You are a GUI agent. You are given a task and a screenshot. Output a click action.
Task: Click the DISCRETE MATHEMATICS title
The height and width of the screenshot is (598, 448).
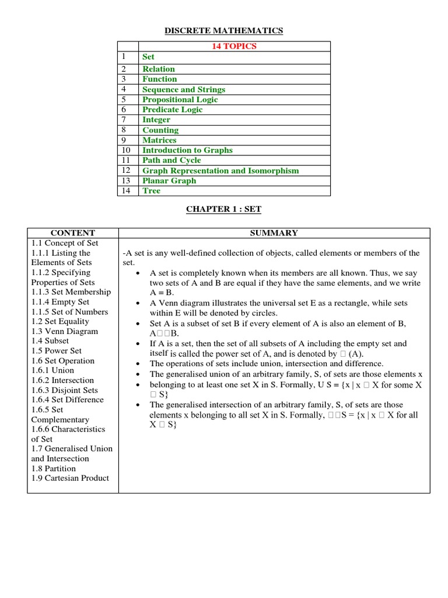(224, 30)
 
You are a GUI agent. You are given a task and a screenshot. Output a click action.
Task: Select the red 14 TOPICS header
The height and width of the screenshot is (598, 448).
(234, 46)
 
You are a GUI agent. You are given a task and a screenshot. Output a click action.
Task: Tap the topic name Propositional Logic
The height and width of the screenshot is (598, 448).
(180, 99)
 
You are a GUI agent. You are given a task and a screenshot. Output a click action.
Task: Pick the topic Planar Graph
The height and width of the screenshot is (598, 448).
(169, 180)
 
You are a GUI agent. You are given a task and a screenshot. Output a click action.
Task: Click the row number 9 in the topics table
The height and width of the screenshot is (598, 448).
(124, 140)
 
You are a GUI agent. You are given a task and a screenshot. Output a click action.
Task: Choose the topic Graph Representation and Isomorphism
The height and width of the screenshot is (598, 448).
(220, 171)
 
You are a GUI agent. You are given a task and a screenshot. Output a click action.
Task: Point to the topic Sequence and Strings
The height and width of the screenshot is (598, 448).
(183, 89)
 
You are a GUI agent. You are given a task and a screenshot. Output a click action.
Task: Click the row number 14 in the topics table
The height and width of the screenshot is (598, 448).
(125, 190)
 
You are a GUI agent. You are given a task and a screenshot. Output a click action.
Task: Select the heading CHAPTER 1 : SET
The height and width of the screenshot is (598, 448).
(224, 209)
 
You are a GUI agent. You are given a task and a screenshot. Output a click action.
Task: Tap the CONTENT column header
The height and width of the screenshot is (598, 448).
(72, 232)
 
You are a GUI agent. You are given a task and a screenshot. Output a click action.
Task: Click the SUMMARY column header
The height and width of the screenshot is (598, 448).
(274, 232)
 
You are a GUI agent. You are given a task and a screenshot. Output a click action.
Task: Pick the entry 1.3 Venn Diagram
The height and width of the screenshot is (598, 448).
(64, 331)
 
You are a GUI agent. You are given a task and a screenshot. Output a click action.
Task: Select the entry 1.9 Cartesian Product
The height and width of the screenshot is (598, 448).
(70, 478)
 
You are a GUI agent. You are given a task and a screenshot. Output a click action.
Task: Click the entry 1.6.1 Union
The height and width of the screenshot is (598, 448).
(52, 370)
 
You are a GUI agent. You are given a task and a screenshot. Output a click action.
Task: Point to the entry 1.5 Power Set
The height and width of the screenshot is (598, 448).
(57, 351)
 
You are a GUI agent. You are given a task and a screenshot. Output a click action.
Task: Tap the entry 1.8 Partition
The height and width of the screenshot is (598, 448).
(54, 468)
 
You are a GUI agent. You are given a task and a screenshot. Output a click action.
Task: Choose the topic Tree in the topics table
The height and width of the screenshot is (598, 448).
(151, 190)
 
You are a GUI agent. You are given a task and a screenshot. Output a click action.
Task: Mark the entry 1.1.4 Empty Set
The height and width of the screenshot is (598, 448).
(60, 302)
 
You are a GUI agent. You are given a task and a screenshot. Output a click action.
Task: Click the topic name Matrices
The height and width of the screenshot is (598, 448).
(160, 140)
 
